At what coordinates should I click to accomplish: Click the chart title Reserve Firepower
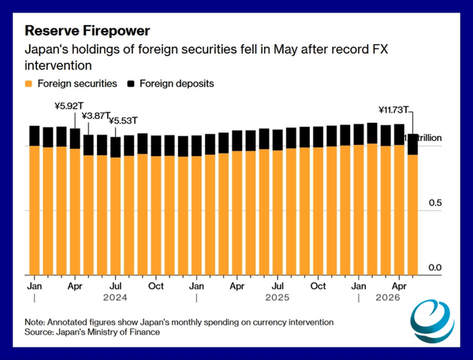[x=88, y=31]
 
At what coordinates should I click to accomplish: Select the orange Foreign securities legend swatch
[x=28, y=84]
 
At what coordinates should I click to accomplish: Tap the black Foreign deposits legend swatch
[x=131, y=84]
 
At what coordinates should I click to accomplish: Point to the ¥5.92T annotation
[x=69, y=106]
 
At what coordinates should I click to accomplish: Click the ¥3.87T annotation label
[x=96, y=116]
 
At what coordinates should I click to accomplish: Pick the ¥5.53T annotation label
[x=123, y=121]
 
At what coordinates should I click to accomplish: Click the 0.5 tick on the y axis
[x=435, y=203]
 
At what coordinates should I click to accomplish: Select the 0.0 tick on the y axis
[x=435, y=267]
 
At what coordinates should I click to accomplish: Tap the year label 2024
[x=115, y=298]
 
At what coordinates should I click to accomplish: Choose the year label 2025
[x=277, y=298]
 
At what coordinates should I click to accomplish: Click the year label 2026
[x=388, y=298]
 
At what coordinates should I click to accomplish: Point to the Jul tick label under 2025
[x=277, y=286]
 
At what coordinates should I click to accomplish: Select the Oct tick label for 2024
[x=156, y=286]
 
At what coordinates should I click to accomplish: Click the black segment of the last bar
[x=413, y=144]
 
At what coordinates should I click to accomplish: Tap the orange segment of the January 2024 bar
[x=35, y=210]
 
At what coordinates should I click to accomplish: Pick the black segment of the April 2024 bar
[x=75, y=139]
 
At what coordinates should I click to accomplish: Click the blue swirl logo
[x=432, y=321]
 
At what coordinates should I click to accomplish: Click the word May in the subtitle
[x=285, y=49]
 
